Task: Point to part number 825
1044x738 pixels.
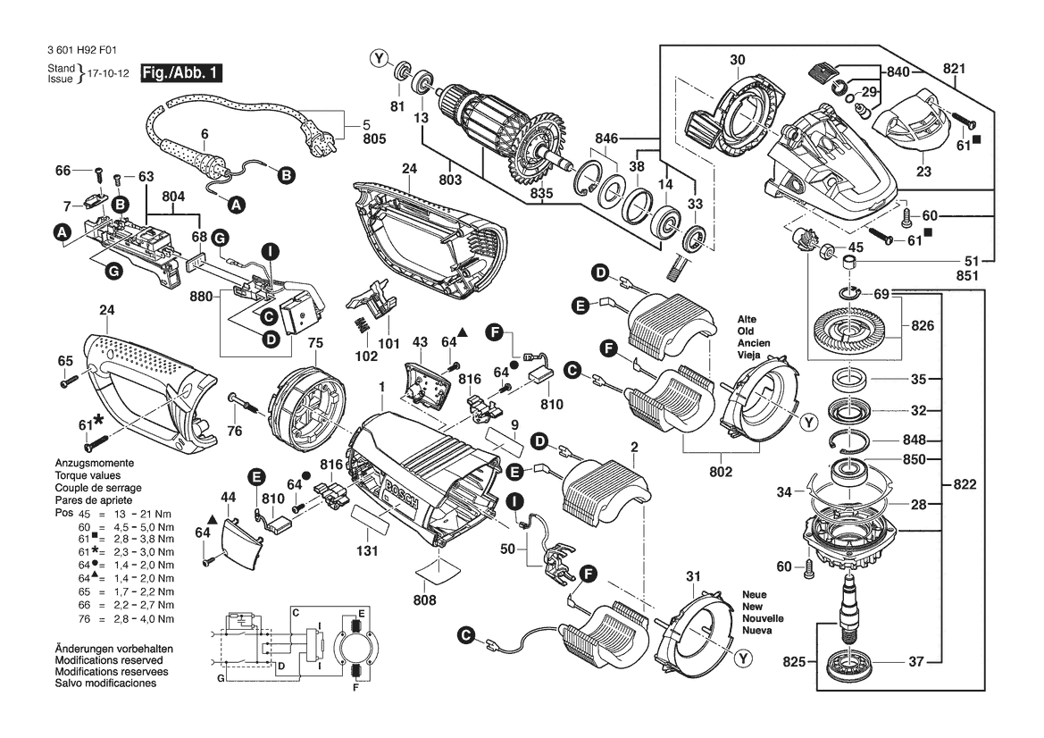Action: [794, 662]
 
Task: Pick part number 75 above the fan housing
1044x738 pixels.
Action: [315, 342]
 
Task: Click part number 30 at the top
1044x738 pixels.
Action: [737, 61]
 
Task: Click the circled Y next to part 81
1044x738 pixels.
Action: [380, 60]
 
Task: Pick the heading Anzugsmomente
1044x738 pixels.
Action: [94, 465]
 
